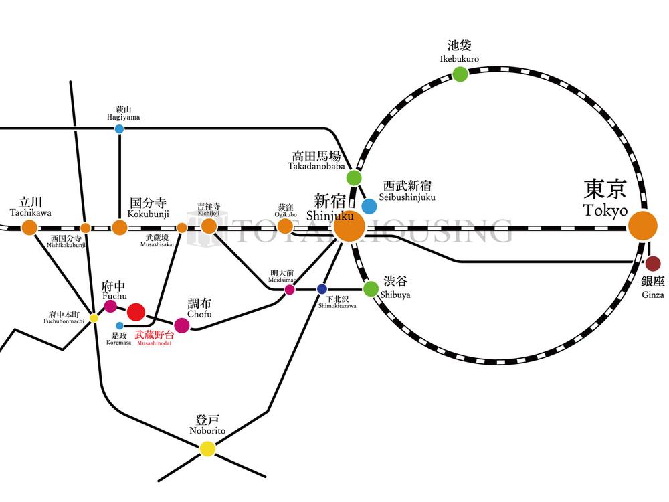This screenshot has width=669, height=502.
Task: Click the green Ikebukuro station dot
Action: click(460, 74)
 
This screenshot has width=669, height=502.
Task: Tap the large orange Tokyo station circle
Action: click(643, 226)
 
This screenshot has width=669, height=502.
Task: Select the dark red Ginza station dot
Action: click(652, 263)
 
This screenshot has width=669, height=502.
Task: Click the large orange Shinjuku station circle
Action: click(349, 226)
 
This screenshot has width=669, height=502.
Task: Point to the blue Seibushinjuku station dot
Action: click(369, 205)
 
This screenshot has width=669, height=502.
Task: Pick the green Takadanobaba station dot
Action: click(354, 178)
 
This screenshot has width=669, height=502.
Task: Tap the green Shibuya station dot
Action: click(371, 288)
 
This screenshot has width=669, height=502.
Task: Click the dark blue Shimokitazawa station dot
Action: click(322, 289)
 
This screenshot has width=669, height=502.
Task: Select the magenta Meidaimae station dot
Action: click(290, 290)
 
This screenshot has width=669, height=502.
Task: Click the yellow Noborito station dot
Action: click(208, 449)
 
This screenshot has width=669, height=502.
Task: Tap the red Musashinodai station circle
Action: click(136, 311)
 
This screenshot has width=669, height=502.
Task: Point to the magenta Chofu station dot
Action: click(181, 325)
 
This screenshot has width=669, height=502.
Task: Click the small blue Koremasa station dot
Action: click(120, 326)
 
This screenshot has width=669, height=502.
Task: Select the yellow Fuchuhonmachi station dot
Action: click(94, 318)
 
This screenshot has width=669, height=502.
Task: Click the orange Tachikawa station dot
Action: click(29, 227)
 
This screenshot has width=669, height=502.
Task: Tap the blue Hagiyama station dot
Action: click(119, 129)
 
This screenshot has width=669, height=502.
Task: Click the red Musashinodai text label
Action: click(155, 334)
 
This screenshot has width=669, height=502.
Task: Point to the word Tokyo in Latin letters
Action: click(605, 210)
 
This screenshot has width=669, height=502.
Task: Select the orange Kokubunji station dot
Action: click(119, 228)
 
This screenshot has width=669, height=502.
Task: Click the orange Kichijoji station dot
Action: click(209, 226)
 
